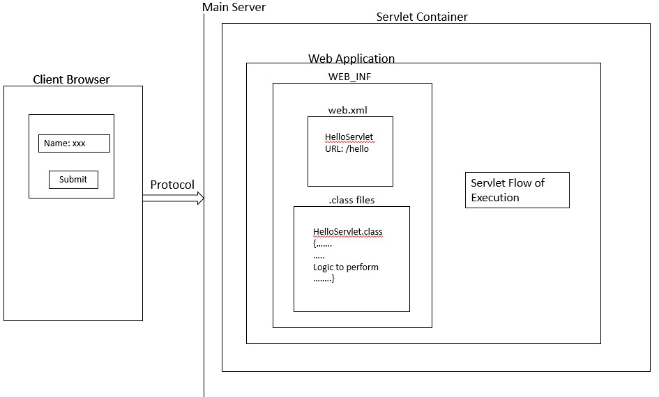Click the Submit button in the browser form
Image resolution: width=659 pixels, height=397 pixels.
pyautogui.click(x=73, y=180)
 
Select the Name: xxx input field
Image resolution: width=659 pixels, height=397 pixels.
pyautogui.click(x=74, y=143)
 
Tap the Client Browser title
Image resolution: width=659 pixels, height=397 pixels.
pyautogui.click(x=71, y=79)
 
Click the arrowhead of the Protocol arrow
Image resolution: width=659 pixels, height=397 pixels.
pyautogui.click(x=200, y=198)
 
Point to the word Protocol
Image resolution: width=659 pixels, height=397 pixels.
pyautogui.click(x=172, y=185)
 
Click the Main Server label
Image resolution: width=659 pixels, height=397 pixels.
pyautogui.click(x=234, y=7)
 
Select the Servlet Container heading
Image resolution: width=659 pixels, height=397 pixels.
pyautogui.click(x=422, y=17)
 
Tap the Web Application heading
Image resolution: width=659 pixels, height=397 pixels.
pyautogui.click(x=351, y=59)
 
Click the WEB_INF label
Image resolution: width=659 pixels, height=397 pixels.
pyautogui.click(x=350, y=77)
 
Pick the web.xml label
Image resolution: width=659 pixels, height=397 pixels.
pyautogui.click(x=347, y=110)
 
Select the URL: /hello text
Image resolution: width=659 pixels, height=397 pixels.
pyautogui.click(x=347, y=148)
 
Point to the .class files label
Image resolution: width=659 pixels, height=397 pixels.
pyautogui.click(x=351, y=200)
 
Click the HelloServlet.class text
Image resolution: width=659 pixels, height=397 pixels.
pyautogui.click(x=347, y=232)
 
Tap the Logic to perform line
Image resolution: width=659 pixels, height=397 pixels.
pyautogui.click(x=346, y=267)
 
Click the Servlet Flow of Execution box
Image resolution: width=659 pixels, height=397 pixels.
pyautogui.click(x=517, y=190)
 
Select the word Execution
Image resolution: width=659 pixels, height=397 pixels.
pyautogui.click(x=495, y=198)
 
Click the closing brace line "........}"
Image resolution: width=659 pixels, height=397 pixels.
pyautogui.click(x=324, y=279)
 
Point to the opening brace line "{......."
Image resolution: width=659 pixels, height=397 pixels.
pyautogui.click(x=322, y=244)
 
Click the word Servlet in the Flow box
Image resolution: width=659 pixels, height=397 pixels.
pyautogui.click(x=488, y=182)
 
